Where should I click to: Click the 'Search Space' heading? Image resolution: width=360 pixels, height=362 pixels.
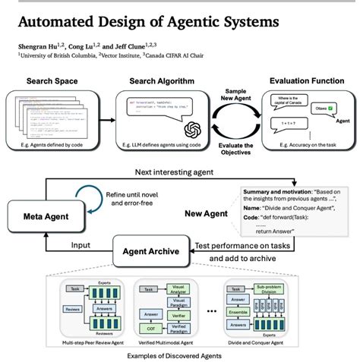(51, 81)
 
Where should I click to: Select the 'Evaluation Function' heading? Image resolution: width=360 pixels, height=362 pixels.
(303, 81)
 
